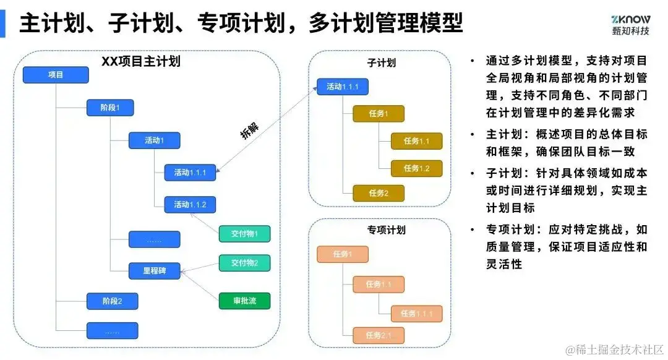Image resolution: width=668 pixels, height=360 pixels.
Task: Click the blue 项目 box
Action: coord(56,75)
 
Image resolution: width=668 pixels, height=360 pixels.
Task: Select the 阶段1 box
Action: coord(109,108)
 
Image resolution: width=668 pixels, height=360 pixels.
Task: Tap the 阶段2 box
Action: coord(112,301)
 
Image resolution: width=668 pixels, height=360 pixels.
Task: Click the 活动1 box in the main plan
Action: coord(154,140)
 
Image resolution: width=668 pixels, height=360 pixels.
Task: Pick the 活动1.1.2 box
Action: coord(190,205)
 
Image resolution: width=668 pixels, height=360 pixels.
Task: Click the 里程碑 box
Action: coord(154,270)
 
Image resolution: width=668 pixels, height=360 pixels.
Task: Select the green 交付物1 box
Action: coord(244,234)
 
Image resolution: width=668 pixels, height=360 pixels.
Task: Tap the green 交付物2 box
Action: coord(244,262)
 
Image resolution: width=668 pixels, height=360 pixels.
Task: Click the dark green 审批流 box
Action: coord(244,301)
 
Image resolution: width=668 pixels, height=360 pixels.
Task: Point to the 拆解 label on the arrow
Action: coord(249,131)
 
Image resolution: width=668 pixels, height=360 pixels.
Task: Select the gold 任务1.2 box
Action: coord(416,168)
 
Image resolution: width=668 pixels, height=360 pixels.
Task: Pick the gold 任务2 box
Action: coord(378,193)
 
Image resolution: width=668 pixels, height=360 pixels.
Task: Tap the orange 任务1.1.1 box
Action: coord(416,314)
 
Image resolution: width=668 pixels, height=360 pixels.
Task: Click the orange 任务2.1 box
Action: coord(378,335)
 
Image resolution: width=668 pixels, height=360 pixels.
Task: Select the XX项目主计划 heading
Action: coord(141,61)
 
